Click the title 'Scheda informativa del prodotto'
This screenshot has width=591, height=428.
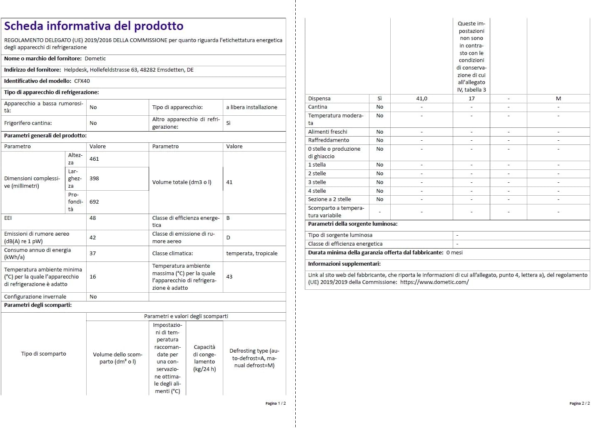(x=94, y=26)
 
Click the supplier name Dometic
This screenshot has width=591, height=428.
(x=95, y=59)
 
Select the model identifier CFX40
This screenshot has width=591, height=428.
(x=82, y=81)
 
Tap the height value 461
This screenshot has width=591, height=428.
(x=94, y=159)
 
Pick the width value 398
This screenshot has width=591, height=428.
(x=94, y=179)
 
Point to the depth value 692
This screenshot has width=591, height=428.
(x=94, y=202)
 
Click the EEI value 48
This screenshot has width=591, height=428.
(x=92, y=218)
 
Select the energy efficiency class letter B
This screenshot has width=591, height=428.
(x=228, y=218)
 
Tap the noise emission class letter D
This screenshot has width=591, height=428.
(x=228, y=238)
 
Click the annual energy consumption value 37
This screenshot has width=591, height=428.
(x=92, y=254)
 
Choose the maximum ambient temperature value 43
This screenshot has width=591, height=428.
(x=229, y=277)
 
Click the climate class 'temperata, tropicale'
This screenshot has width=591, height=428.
(x=252, y=254)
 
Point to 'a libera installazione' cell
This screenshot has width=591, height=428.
(x=252, y=107)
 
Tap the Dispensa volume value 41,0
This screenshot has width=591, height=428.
(x=421, y=99)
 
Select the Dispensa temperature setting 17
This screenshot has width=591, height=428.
(x=471, y=99)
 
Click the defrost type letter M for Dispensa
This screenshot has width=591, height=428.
(x=558, y=99)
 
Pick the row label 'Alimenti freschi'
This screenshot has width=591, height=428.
(x=327, y=132)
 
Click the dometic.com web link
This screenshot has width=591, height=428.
(x=434, y=282)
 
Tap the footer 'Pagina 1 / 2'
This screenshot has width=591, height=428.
(x=275, y=403)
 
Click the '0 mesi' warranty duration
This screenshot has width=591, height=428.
(x=454, y=253)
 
